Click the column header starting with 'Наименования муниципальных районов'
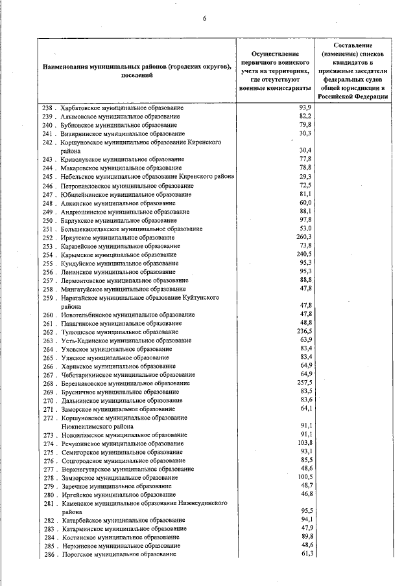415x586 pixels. pos(137,71)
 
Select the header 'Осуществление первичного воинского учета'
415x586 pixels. pos(273,70)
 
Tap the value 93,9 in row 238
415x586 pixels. pos(305,107)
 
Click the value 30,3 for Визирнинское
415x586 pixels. pos(305,133)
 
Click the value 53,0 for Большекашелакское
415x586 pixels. pos(305,229)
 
